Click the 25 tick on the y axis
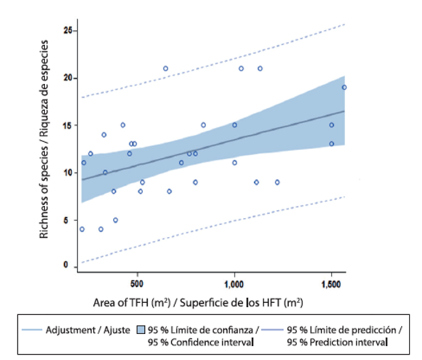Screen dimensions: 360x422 pyautogui.click(x=68, y=30)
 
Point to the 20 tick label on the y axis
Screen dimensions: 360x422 pyautogui.click(x=68, y=78)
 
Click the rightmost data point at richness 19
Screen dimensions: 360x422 pyautogui.click(x=344, y=87)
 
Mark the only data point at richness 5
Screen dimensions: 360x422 pyautogui.click(x=116, y=220)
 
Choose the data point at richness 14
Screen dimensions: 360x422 pyautogui.click(x=104, y=135)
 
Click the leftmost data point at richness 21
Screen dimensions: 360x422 pyautogui.click(x=165, y=68)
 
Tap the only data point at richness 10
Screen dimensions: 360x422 pyautogui.click(x=105, y=173)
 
